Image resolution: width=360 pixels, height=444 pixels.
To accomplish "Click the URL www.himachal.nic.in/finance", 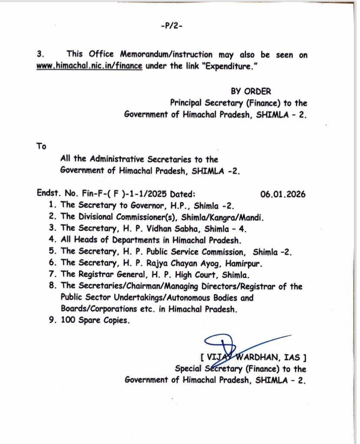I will click(90, 68).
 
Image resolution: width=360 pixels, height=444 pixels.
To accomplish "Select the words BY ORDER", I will click(251, 91).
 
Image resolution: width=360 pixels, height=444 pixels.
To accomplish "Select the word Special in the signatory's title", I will click(190, 369).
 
